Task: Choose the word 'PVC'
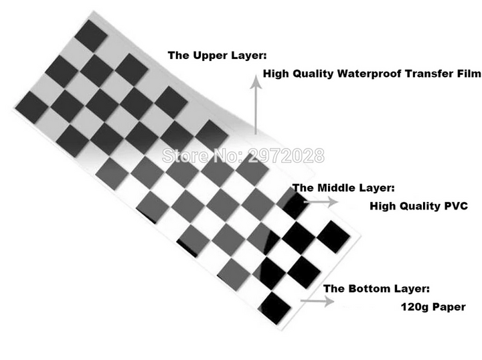[451, 206]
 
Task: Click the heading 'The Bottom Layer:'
[376, 289]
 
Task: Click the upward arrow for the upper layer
[255, 107]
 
